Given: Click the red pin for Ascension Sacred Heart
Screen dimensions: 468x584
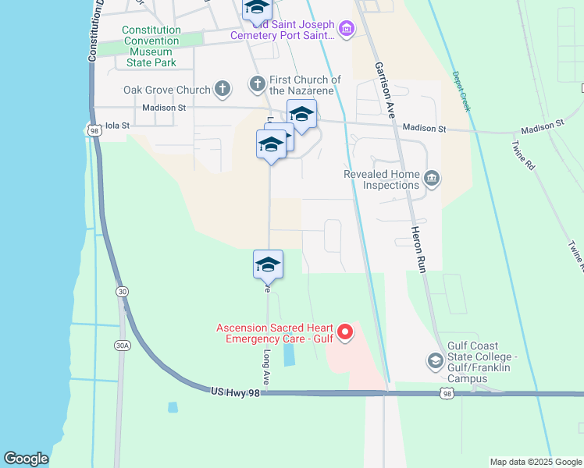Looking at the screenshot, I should tap(344, 333).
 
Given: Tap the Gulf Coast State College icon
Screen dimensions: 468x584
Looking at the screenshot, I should tap(435, 361).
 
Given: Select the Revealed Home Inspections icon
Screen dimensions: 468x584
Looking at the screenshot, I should tap(431, 180).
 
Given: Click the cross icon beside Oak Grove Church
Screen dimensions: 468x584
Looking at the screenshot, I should tap(223, 90).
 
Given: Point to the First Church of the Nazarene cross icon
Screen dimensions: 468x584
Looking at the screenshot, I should tap(257, 83).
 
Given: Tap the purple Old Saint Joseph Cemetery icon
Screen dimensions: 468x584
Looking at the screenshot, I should tap(347, 30).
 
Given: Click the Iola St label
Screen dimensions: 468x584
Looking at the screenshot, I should tap(114, 124).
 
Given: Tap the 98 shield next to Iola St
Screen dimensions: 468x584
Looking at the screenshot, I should tap(94, 130).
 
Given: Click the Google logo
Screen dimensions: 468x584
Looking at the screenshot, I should tap(26, 459).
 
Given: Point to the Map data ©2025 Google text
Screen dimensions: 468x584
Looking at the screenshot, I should tap(535, 462).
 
